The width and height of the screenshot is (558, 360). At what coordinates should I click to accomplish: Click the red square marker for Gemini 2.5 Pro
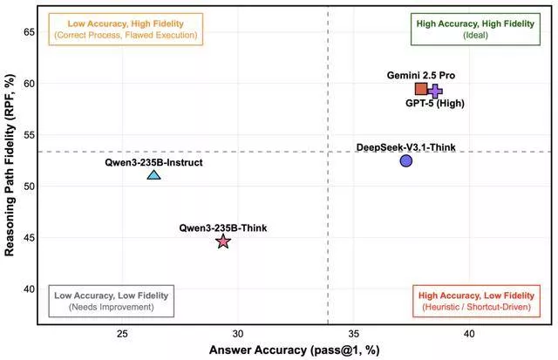click(422, 89)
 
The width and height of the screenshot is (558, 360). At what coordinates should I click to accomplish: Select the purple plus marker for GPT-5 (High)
click(435, 91)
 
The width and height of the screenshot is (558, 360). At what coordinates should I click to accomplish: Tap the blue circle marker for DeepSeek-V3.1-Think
click(406, 160)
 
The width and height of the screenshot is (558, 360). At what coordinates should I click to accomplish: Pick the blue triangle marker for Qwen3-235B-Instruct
click(153, 174)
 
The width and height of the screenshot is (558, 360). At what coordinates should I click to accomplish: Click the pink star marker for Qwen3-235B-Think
click(223, 241)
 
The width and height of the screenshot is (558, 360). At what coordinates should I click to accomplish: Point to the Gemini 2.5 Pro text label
click(421, 76)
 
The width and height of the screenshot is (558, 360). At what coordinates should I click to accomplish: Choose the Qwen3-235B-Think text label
click(223, 228)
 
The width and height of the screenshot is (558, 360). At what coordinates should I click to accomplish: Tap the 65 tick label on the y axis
click(28, 31)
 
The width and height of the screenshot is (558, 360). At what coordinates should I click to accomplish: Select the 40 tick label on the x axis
click(468, 334)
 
